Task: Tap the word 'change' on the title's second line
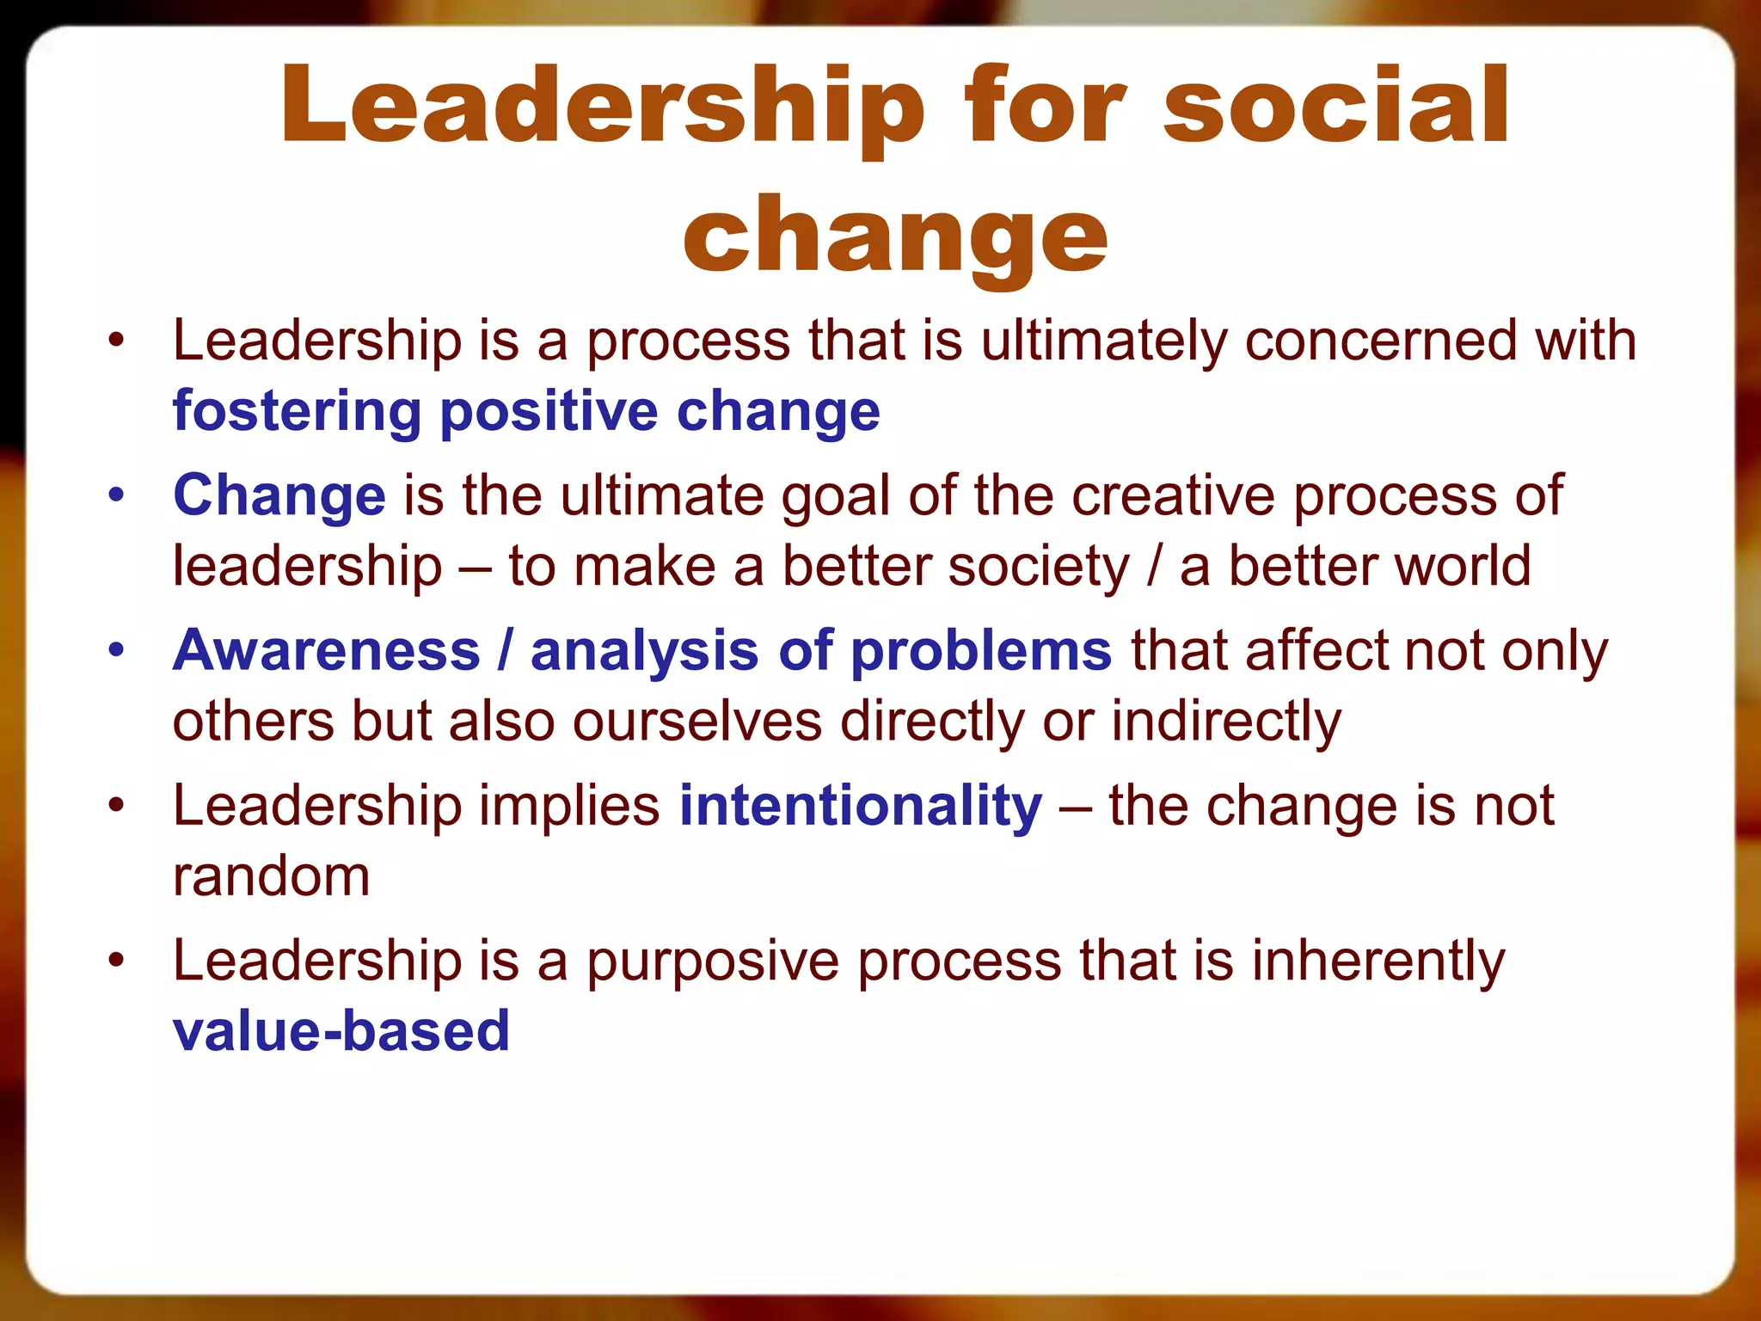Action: (894, 236)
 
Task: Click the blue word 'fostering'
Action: (297, 411)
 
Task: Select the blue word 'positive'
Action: (549, 411)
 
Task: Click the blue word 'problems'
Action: (981, 650)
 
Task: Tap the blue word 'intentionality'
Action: (861, 806)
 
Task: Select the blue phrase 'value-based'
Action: (341, 1030)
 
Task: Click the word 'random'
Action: (271, 876)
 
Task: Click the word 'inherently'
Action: (1378, 961)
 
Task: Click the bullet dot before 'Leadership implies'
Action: (116, 806)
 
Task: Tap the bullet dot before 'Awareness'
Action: (116, 650)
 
